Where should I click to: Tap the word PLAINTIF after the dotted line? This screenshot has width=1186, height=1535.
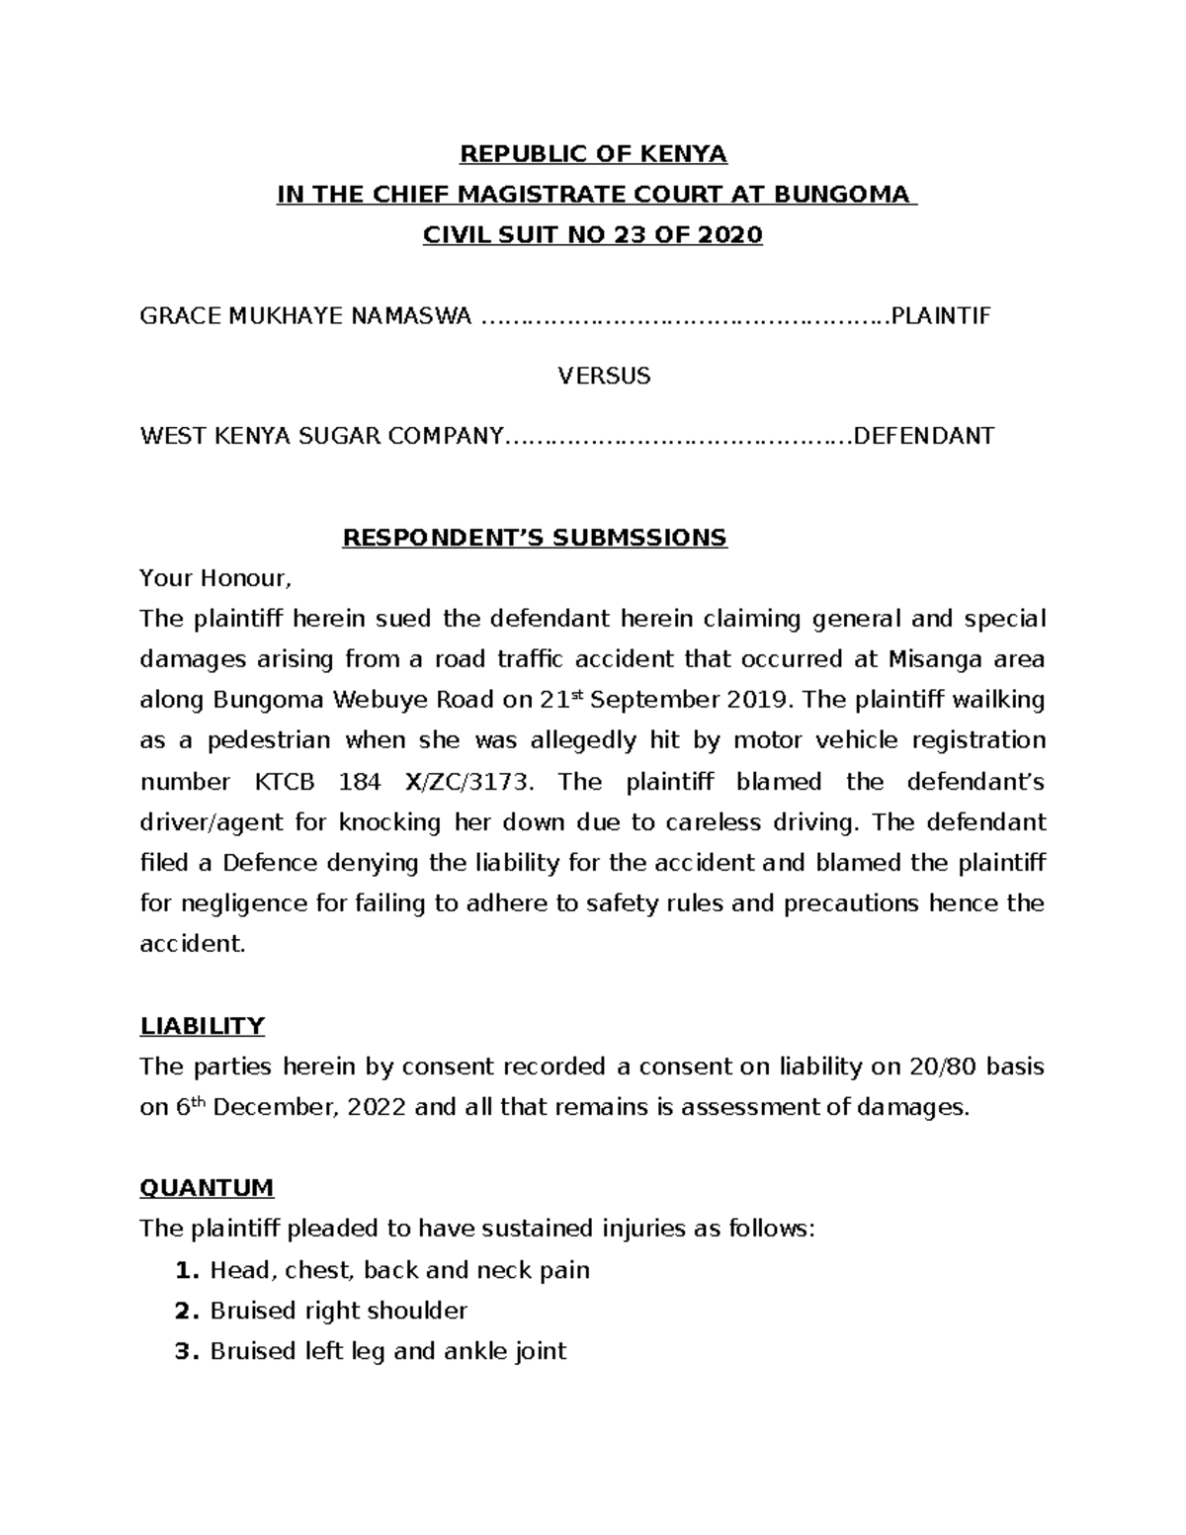coord(940,316)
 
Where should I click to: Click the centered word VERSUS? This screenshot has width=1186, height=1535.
coord(604,377)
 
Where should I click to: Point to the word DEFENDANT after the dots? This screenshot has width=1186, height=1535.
coord(923,436)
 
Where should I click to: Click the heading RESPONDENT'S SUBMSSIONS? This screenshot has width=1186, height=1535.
coord(534,538)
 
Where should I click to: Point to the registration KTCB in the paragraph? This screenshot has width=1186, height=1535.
coord(286,782)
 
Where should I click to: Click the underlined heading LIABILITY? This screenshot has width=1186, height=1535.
coord(202,1026)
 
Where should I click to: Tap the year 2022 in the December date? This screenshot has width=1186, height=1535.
coord(377,1108)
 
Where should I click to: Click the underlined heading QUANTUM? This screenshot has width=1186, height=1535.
coord(207,1187)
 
